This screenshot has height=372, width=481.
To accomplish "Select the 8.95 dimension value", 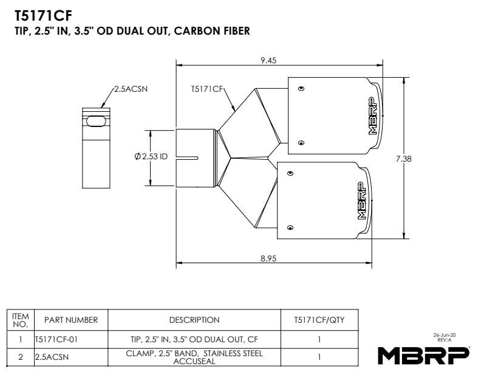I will click(x=268, y=258).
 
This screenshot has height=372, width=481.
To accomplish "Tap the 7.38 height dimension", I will click(x=404, y=159).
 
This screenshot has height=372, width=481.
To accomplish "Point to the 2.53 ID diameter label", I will click(x=151, y=157).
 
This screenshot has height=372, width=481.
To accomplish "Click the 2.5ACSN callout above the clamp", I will click(x=131, y=89).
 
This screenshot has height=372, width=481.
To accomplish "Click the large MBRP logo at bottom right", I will click(x=423, y=354).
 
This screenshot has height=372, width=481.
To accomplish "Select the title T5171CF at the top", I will click(x=39, y=15).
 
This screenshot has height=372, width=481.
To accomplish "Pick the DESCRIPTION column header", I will click(x=194, y=320).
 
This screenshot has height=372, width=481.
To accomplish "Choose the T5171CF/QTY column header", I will click(x=319, y=320).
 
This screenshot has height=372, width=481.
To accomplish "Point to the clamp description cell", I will click(x=194, y=357).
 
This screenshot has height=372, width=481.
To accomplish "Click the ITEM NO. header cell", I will click(x=21, y=320).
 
